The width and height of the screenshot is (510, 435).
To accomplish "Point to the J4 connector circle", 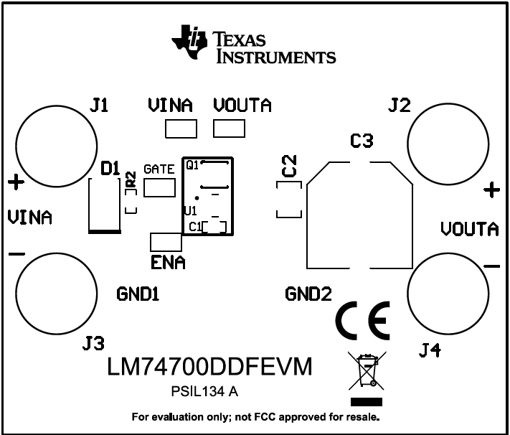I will [448, 294].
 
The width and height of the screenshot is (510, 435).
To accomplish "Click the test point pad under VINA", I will [180, 129].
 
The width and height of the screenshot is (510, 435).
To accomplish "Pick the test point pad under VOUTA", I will [230, 129].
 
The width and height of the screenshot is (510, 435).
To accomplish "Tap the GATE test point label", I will [159, 169].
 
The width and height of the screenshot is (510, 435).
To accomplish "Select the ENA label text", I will [168, 263].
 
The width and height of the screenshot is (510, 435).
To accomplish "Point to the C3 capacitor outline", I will [359, 215].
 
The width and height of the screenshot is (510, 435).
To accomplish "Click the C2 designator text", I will [289, 167].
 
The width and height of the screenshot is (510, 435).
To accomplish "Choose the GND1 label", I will [138, 294].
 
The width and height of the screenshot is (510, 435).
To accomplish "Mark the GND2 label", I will [308, 294].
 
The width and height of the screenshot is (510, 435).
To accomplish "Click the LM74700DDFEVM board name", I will [210, 367].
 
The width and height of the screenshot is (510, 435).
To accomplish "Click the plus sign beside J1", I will [16, 182].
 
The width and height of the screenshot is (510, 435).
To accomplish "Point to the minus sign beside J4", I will [491, 266].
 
